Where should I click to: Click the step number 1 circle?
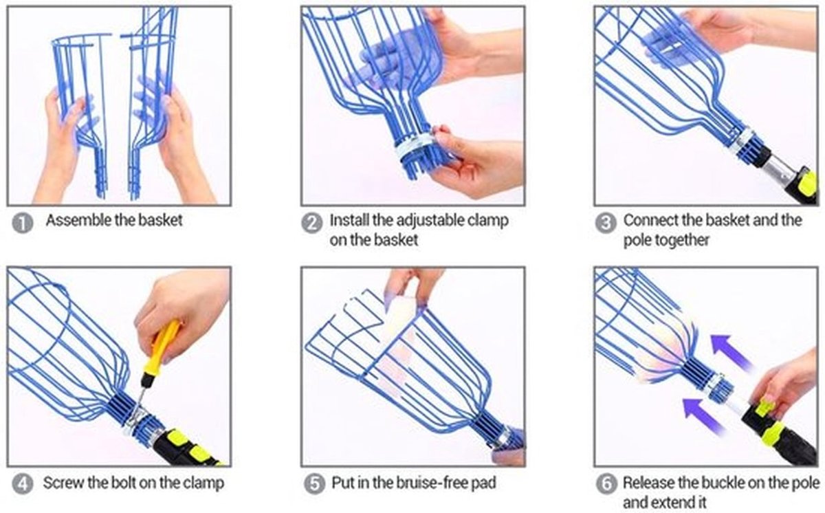(23, 223)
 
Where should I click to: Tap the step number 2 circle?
(311, 223)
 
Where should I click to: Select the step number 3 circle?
(606, 223)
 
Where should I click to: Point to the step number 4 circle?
(23, 484)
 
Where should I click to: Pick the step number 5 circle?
(314, 484)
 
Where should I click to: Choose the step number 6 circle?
(606, 484)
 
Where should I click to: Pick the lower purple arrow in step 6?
(704, 417)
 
